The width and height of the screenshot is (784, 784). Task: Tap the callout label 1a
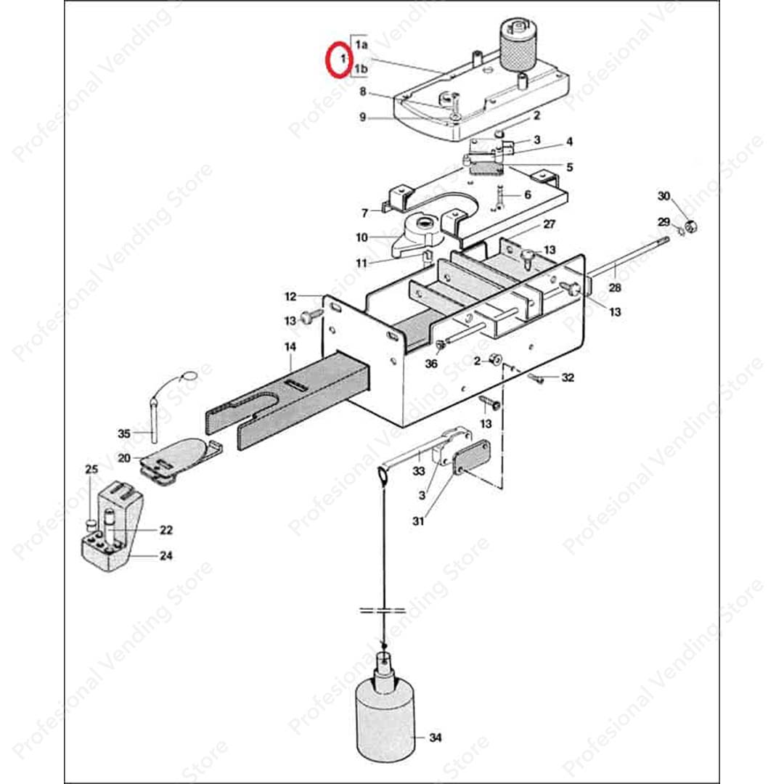[x=362, y=44]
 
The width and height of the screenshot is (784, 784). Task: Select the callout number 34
[x=435, y=738]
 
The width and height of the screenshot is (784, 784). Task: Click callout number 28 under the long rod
[x=616, y=288]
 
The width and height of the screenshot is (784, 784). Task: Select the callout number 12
[x=290, y=296]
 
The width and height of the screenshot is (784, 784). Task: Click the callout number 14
[x=290, y=348]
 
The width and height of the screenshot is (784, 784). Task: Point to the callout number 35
[x=123, y=434]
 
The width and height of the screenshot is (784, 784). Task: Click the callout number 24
[x=166, y=557]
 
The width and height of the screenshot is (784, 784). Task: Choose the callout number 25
[x=91, y=470]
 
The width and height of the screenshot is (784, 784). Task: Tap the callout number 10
[x=362, y=237]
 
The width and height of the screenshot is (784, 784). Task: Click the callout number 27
[x=549, y=224]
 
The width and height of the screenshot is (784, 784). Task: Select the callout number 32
[x=568, y=377]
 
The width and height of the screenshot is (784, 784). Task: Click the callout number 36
[x=431, y=364]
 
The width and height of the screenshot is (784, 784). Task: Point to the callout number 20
[x=123, y=458]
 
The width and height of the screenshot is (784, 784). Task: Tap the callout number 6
[x=527, y=195]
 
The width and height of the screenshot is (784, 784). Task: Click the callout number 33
[x=418, y=473]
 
